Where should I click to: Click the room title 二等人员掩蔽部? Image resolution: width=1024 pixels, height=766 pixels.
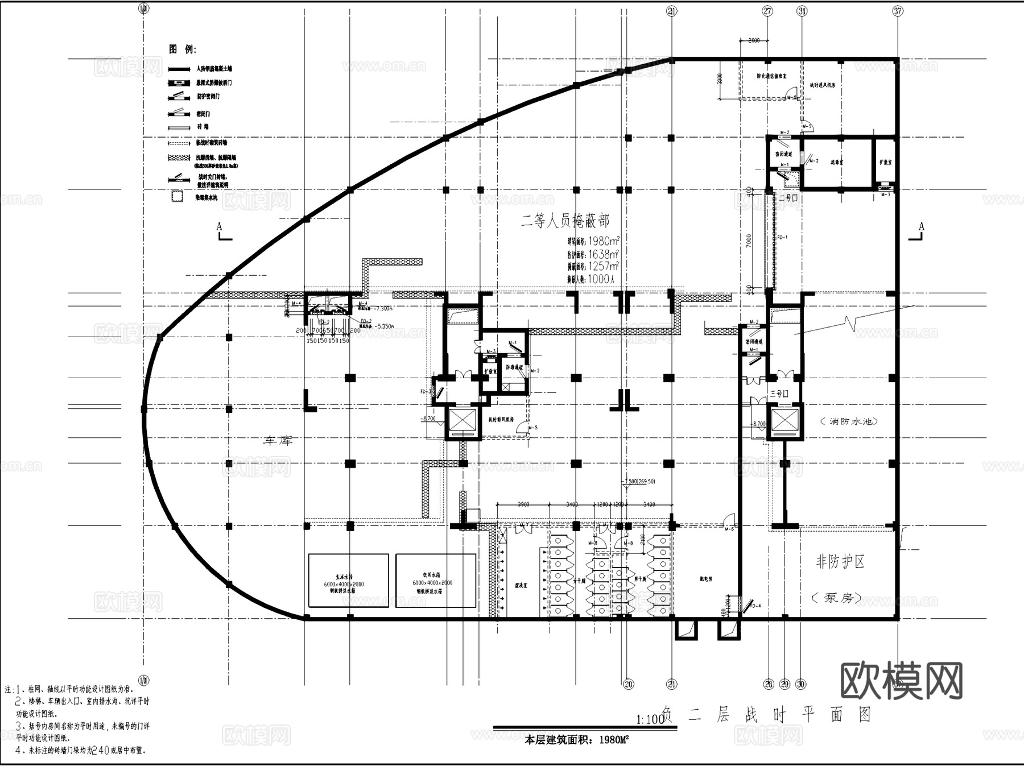[x=565, y=221]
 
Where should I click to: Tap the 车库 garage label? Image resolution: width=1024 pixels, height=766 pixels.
[x=278, y=440]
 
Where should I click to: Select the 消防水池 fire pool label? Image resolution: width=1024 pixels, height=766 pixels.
[x=849, y=421]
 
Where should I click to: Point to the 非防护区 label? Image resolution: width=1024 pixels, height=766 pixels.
[x=840, y=562]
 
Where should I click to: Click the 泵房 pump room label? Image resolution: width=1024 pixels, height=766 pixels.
[x=840, y=598]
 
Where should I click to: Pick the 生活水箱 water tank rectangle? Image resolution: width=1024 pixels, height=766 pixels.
[x=348, y=581]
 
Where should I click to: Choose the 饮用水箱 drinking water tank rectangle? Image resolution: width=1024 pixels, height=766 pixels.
[x=436, y=581]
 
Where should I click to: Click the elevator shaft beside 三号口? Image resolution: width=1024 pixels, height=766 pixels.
[x=784, y=421]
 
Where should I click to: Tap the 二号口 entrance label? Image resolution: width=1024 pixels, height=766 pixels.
[x=788, y=198]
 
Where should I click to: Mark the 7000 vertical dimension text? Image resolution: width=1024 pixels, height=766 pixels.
[x=749, y=241]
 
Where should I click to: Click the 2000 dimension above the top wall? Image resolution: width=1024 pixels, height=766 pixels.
[x=753, y=41]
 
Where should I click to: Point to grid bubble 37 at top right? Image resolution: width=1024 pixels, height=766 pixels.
[x=898, y=11]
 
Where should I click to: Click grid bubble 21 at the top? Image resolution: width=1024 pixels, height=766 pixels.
[x=672, y=11]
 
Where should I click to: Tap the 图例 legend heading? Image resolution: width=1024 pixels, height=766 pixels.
[x=182, y=49]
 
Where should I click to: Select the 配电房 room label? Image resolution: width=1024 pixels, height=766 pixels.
[x=705, y=579]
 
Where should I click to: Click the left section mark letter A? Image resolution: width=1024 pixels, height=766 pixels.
[x=220, y=227]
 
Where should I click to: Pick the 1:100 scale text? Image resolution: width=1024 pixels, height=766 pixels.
[x=650, y=719]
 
